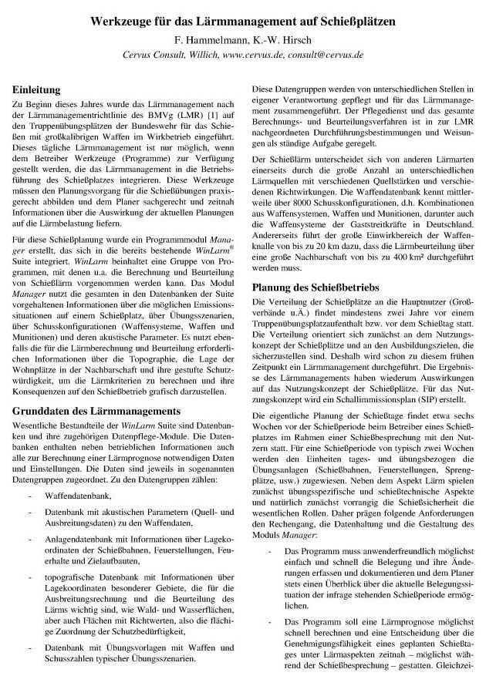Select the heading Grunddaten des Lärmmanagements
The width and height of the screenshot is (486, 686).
(x=96, y=411)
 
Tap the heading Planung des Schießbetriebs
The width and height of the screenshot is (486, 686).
(x=320, y=287)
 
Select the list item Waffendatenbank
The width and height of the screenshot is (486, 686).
(x=78, y=495)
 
